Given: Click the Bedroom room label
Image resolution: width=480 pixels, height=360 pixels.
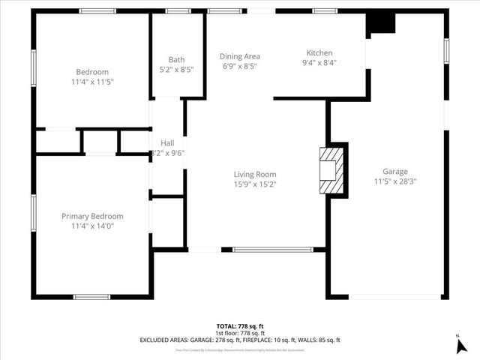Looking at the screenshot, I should coord(93,71).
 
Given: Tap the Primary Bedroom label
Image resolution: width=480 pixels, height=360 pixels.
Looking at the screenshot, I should coord(92,216).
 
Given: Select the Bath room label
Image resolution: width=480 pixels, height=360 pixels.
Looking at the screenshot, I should coord(176,60).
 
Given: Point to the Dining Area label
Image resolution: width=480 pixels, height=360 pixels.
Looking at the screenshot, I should coord(240,56).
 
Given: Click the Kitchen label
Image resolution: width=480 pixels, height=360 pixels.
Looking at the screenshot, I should coord(319,52).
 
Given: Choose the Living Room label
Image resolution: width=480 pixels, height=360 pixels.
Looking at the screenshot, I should coord(255,174).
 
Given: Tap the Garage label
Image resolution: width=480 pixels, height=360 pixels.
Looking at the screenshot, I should coord(395,171).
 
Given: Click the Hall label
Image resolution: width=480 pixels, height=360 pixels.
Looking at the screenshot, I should coord(168,142).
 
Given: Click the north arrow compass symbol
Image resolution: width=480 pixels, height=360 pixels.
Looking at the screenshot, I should coord(460,345).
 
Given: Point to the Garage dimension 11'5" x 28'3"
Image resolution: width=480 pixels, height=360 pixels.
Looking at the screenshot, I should coord(395,181).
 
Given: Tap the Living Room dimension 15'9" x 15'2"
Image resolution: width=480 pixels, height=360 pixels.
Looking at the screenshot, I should coord(255,184).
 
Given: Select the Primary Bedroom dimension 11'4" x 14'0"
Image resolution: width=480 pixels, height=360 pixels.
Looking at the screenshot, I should coord(92,226).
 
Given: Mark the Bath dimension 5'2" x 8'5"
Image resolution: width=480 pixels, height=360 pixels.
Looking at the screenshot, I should coord(176,70).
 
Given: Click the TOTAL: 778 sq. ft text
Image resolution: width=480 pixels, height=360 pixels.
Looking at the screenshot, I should coord(240,326).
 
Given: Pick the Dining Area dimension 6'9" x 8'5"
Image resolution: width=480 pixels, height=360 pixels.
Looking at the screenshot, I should coord(240,66).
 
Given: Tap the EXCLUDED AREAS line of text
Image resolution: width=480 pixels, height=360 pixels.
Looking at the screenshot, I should coord(240,340).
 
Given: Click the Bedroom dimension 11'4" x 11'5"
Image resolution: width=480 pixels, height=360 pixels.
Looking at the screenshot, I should coord(93,81).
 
